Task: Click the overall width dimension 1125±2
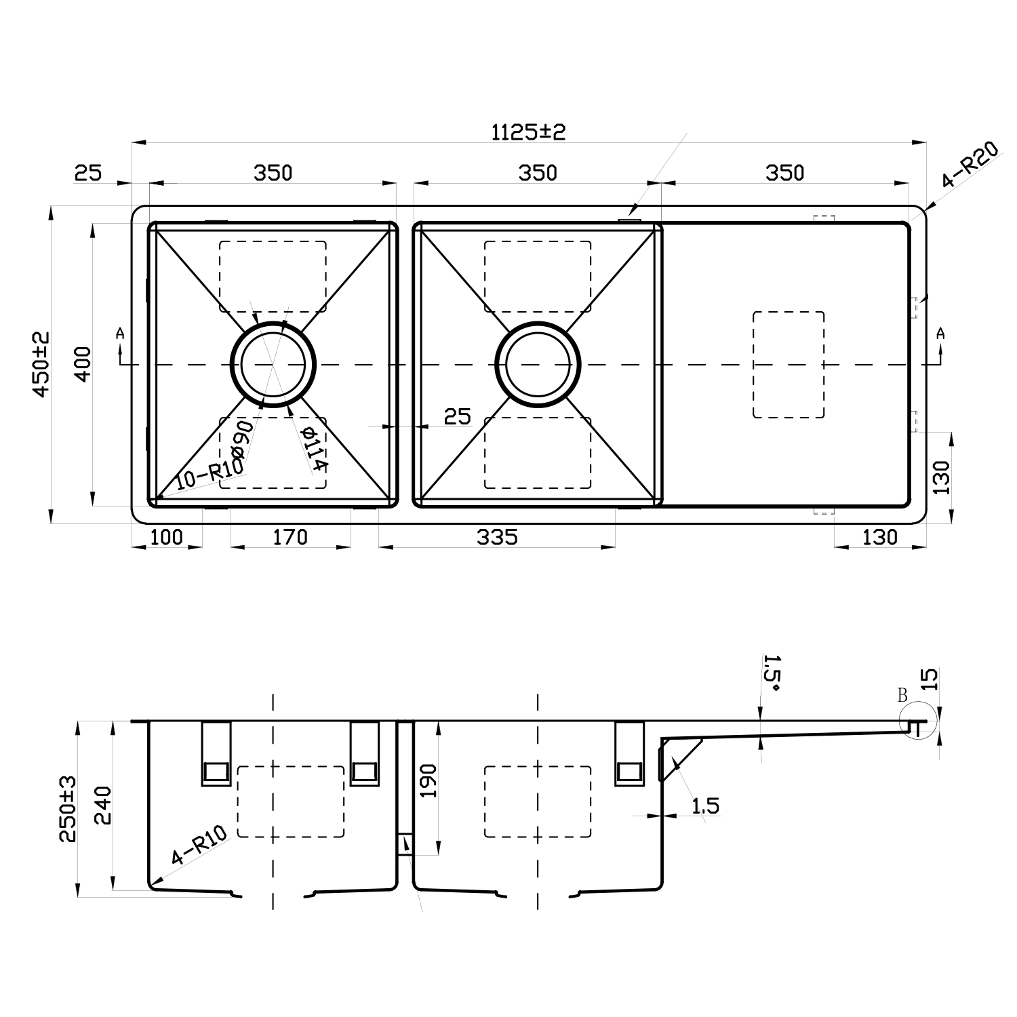point(528,132)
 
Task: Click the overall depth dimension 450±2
point(41,364)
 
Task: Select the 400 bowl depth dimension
point(82,364)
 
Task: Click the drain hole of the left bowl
point(273,364)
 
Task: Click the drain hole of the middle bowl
point(538,364)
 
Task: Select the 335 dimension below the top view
point(497,537)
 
